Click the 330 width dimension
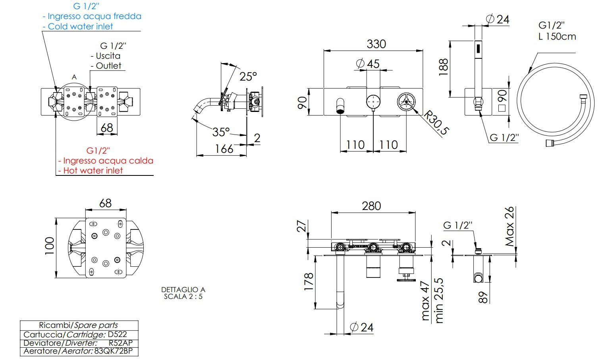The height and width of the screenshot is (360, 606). (376, 44)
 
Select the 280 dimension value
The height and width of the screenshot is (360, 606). (371, 206)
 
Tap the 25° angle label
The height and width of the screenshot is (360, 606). (248, 76)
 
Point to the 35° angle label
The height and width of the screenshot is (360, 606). (220, 132)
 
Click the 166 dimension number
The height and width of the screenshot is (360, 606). (224, 149)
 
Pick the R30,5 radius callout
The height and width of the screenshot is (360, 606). (436, 123)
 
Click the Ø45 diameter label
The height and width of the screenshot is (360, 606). (368, 64)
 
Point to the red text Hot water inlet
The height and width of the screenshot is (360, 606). (93, 171)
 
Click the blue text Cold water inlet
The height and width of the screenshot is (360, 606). (80, 27)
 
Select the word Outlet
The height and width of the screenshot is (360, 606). (108, 66)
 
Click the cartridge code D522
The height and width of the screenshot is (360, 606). (118, 334)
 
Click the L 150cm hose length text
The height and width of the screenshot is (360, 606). (557, 37)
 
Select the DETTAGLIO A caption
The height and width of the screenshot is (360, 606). (183, 290)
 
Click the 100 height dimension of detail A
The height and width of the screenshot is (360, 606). (49, 246)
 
